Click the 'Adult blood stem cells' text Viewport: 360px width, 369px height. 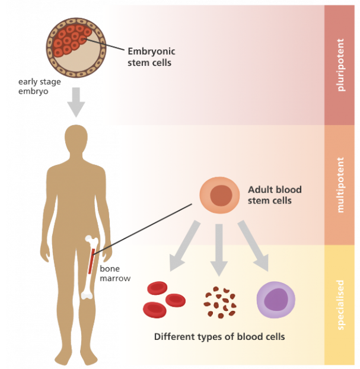coord(275,195)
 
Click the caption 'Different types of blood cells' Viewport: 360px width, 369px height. coord(219,336)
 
